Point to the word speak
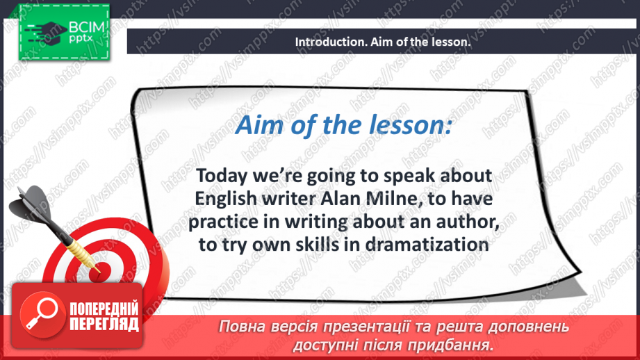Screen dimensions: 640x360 coord(409,177)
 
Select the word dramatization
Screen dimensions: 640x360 coord(427,245)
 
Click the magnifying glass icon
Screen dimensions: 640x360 coord(42,315)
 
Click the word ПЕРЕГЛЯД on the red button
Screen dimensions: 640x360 coord(104,324)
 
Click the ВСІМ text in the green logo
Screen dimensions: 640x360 coord(87,28)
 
